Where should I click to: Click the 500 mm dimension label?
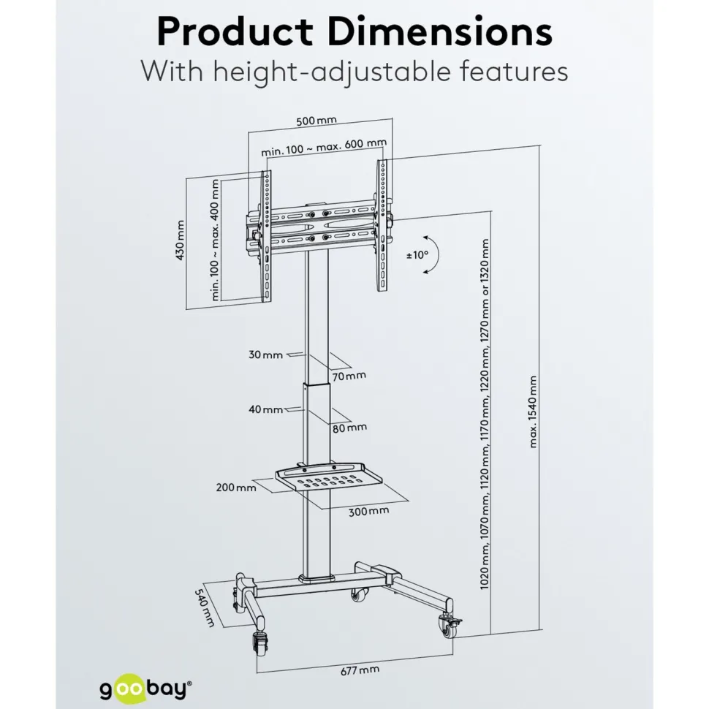tap(316, 121)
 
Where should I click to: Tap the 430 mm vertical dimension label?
tap(180, 240)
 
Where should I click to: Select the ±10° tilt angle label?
tap(417, 255)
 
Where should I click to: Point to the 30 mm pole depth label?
tap(265, 355)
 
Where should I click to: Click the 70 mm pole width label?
tap(349, 376)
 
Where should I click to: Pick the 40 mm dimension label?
tap(266, 409)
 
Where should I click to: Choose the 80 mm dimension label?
tap(349, 428)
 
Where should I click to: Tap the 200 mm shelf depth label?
tap(236, 488)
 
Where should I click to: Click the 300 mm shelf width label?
tap(368, 512)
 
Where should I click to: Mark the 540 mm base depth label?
tap(205, 607)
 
